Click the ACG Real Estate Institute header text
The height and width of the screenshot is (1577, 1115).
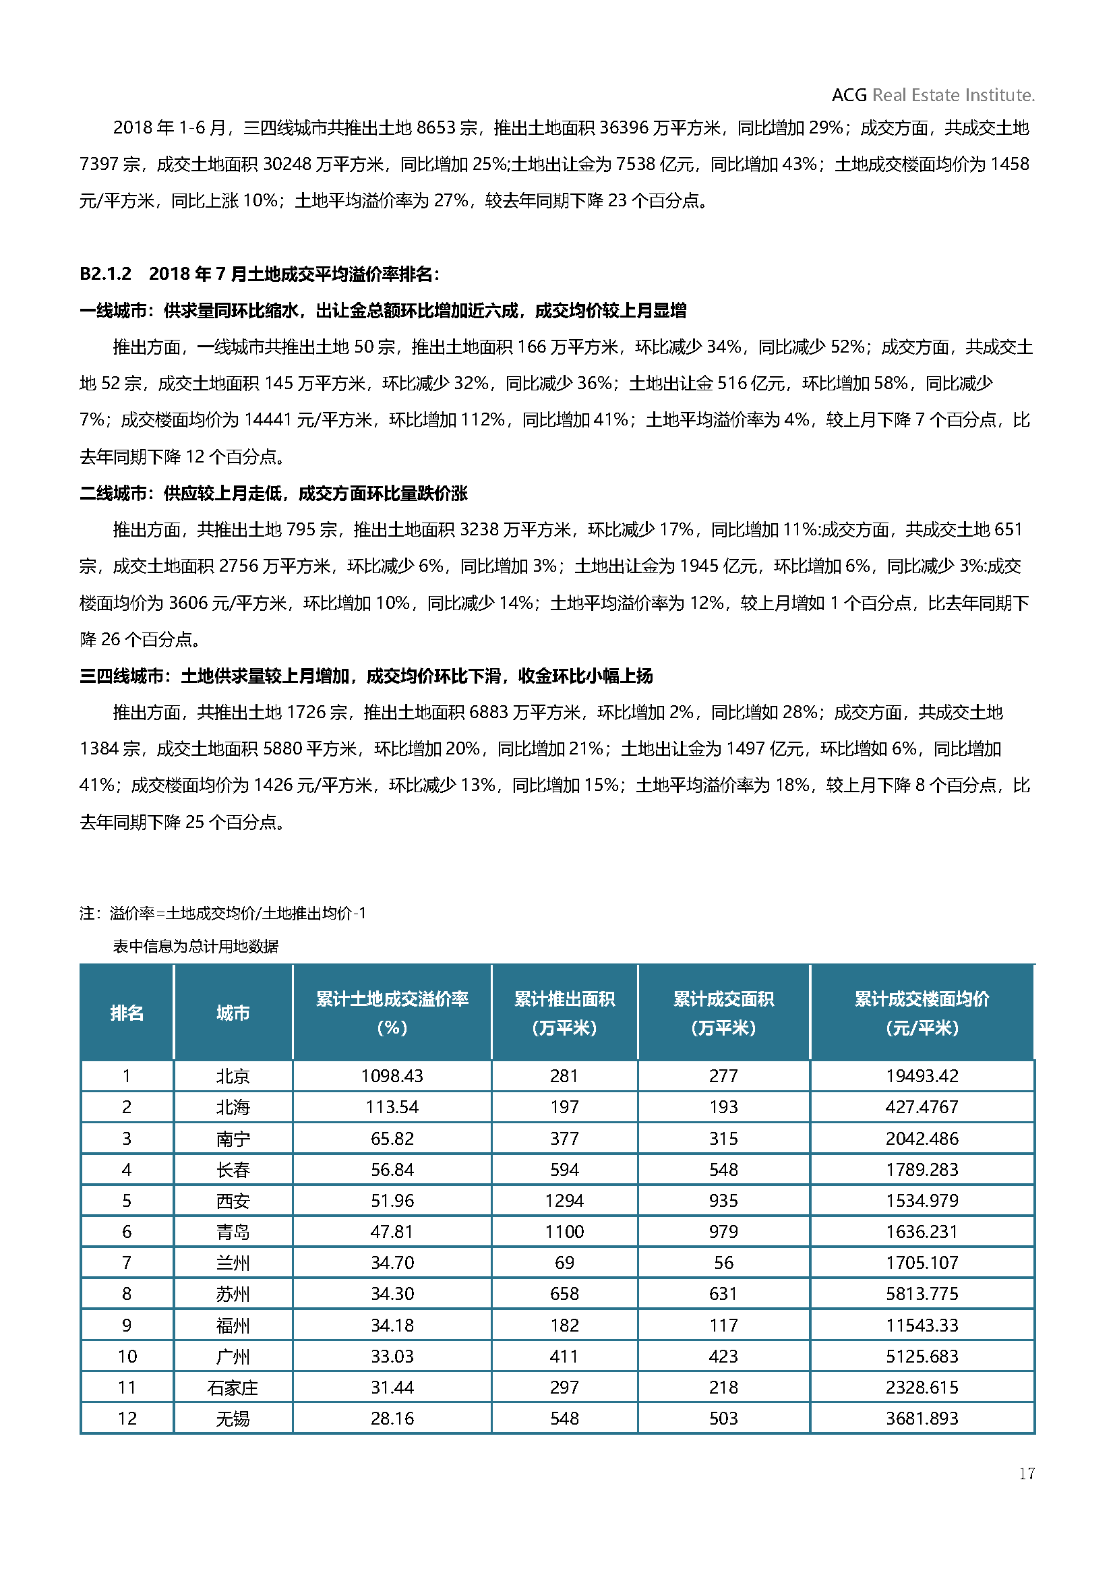(932, 95)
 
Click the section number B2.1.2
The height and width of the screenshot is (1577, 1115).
(105, 274)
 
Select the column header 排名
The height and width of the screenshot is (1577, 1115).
(127, 1013)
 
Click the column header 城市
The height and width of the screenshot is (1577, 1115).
(233, 1013)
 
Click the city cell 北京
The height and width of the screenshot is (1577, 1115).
(233, 1076)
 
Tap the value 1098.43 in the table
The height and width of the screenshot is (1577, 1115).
(392, 1076)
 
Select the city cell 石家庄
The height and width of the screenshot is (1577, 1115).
(233, 1388)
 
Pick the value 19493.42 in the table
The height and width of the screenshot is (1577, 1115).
(922, 1076)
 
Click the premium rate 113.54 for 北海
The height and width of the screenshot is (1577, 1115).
(392, 1107)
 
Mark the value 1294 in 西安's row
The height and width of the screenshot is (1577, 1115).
(564, 1201)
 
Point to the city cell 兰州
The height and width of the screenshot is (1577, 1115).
(233, 1263)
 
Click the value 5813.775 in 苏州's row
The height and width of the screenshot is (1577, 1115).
(922, 1294)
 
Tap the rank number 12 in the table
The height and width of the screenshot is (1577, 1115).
(127, 1419)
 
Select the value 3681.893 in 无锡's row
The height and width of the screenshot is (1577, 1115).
(922, 1419)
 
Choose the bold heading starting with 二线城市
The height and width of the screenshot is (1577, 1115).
(273, 493)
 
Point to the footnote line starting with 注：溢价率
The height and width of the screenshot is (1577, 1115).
(222, 914)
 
